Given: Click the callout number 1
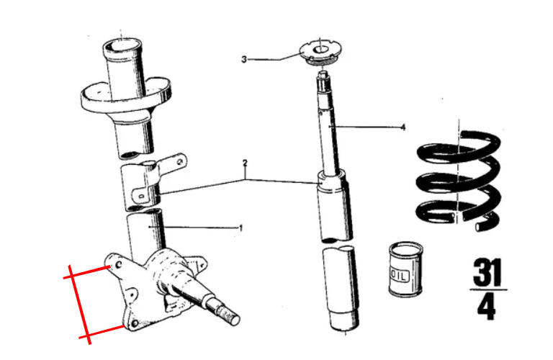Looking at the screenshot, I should [x=241, y=228].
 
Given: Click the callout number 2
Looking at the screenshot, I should [x=245, y=163].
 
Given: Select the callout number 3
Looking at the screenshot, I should [x=244, y=59].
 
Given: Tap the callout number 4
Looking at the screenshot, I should [x=403, y=128].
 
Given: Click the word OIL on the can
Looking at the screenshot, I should [x=397, y=274].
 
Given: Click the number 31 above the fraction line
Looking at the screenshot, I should [x=487, y=274].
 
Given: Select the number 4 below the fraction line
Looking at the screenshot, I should [x=487, y=307].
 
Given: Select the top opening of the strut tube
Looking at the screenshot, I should [x=122, y=45].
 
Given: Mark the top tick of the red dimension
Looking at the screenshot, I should [x=71, y=274].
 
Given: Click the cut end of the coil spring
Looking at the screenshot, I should [x=481, y=227].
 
